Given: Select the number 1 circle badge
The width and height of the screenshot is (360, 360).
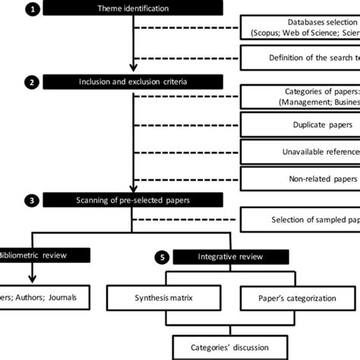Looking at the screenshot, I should (32, 8).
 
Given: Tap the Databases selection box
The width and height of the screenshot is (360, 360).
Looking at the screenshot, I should (300, 28).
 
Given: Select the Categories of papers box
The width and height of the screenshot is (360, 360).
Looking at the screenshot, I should (300, 97).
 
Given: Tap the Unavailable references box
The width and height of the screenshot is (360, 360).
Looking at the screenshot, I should (300, 151).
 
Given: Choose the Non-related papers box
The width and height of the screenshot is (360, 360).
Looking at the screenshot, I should (300, 178).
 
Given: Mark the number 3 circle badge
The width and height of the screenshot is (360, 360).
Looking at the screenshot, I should (32, 201).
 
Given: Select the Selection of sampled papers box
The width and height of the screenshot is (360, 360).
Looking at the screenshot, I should (300, 220).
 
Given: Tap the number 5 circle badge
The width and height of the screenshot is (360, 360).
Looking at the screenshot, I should (161, 256).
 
